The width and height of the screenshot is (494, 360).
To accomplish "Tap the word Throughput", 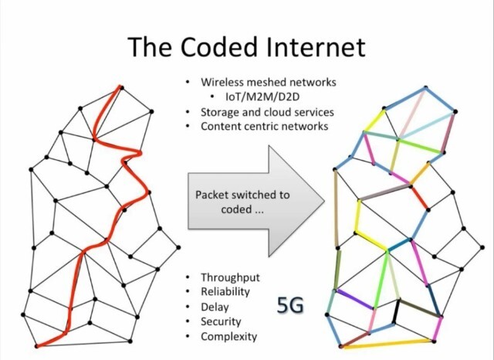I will [230, 277].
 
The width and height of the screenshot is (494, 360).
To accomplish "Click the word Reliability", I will [225, 292].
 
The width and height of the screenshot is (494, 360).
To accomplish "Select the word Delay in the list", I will [215, 307].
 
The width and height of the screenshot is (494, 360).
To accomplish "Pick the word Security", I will [221, 321].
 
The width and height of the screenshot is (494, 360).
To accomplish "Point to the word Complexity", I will [228, 336].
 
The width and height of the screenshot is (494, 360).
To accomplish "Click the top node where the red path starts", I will [120, 87].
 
